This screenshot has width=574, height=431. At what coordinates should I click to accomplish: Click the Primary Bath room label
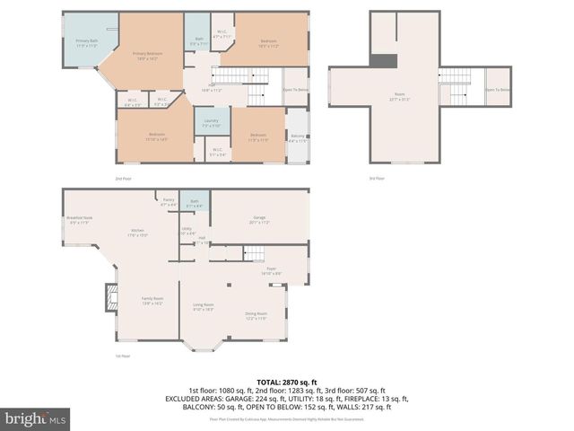tap(86, 43)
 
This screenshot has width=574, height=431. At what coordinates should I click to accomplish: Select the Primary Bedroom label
tap(147, 56)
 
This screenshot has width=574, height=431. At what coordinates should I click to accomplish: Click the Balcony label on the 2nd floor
tap(297, 138)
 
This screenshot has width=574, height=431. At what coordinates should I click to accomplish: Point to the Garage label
tap(260, 219)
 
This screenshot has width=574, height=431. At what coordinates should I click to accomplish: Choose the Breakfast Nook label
tap(79, 219)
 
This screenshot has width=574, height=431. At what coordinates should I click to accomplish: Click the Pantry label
tap(168, 202)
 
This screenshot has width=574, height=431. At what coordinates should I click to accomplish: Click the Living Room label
tap(204, 307)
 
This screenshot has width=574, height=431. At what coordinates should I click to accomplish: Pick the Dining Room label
tap(257, 315)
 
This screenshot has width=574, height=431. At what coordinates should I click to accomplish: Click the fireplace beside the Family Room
tap(111, 298)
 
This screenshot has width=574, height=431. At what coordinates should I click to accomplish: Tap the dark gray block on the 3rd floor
tap(383, 60)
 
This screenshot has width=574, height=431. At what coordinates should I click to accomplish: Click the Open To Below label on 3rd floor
tap(498, 90)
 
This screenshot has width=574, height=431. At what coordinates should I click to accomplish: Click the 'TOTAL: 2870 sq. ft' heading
tap(286, 382)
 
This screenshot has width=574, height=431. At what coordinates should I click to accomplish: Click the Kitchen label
tap(138, 232)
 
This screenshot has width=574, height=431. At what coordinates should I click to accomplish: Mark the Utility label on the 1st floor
tap(187, 231)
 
